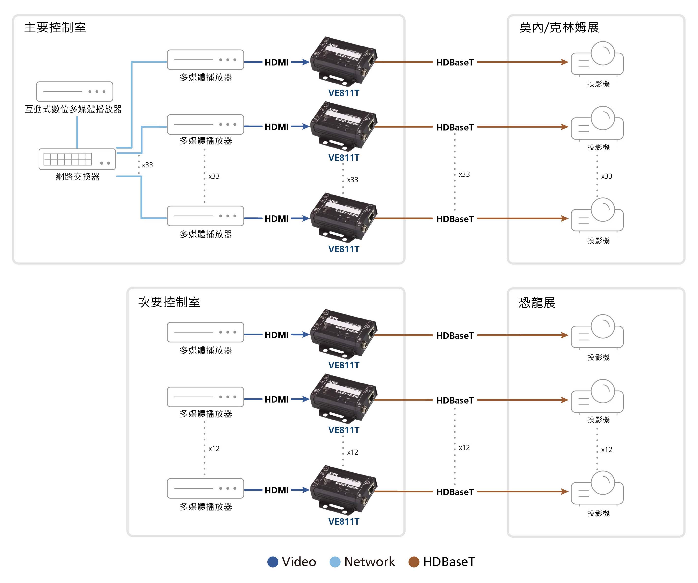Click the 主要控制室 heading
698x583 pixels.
pos(55,27)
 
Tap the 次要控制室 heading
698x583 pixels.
pos(169,302)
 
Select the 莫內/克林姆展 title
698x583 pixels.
pos(559,27)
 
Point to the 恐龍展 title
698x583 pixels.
pos(537,303)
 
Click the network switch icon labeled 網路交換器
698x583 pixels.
pos(77,159)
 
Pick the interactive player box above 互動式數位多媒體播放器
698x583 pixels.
pos(75,92)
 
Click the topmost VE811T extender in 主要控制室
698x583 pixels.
pos(344,60)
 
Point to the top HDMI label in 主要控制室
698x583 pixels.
pos(276,62)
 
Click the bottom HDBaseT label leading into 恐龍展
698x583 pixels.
pos(455,492)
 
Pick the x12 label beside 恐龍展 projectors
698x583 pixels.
pos(607,450)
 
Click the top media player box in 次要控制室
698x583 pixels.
pos(205,332)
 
